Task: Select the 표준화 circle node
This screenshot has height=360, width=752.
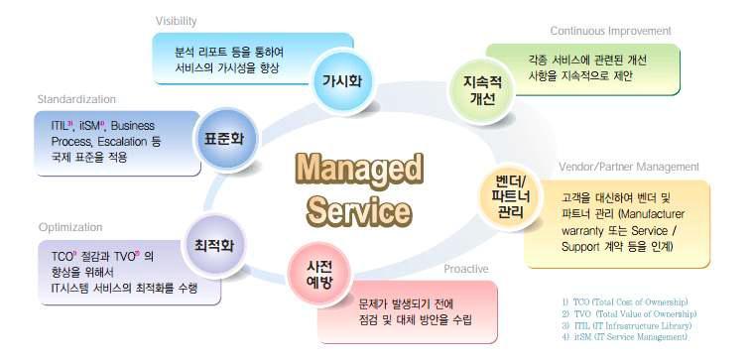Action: click(x=223, y=139)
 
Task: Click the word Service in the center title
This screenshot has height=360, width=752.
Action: click(x=359, y=209)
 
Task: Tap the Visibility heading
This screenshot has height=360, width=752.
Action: click(x=176, y=21)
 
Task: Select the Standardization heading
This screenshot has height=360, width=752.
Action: click(x=76, y=99)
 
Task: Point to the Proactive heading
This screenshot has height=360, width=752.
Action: click(x=466, y=268)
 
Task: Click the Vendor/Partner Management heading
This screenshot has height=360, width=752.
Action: click(x=629, y=167)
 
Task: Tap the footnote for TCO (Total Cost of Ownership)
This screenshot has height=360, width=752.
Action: click(x=624, y=301)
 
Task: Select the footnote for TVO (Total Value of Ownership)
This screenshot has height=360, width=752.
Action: click(x=625, y=313)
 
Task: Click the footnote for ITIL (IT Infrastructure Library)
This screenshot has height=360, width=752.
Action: click(x=625, y=325)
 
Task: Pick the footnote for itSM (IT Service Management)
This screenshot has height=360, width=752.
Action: click(x=621, y=337)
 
